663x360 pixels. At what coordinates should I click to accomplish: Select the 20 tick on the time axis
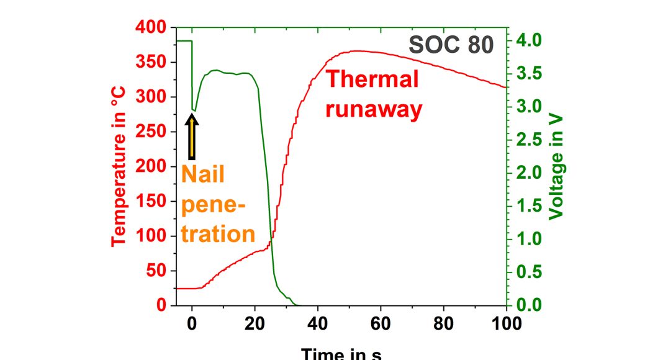255,322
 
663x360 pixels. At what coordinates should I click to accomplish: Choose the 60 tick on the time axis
381,322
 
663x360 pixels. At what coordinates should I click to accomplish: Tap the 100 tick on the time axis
507,322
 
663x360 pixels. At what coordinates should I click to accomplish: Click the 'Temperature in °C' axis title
119,166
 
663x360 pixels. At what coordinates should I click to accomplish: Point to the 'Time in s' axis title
341,354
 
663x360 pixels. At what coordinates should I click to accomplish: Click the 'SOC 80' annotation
451,45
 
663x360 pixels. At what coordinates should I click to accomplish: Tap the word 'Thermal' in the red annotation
372,79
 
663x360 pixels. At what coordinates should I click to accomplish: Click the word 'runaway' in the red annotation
374,109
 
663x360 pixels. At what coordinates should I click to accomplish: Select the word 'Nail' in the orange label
202,174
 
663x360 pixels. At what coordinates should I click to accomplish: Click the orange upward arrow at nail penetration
192,137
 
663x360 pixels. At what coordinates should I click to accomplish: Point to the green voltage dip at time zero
193,109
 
